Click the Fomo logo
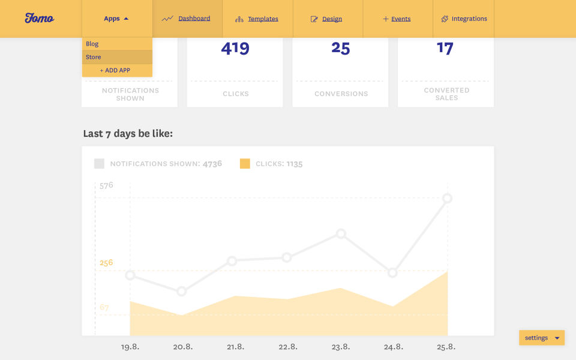click(x=40, y=18)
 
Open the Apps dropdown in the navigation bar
click(x=116, y=19)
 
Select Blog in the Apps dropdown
click(x=92, y=44)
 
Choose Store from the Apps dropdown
click(x=94, y=57)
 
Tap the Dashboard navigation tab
click(x=187, y=19)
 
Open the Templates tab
click(x=257, y=19)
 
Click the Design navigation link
click(x=327, y=19)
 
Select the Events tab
click(x=397, y=19)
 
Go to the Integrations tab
click(x=464, y=19)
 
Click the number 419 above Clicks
click(x=235, y=49)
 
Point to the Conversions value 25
click(x=340, y=49)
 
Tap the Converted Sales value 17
click(x=445, y=48)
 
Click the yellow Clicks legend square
click(x=245, y=163)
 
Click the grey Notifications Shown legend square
click(x=99, y=163)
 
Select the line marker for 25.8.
click(x=447, y=199)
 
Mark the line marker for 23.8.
click(x=341, y=233)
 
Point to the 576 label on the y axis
click(x=106, y=185)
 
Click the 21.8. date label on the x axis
click(x=235, y=347)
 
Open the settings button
click(x=542, y=338)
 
